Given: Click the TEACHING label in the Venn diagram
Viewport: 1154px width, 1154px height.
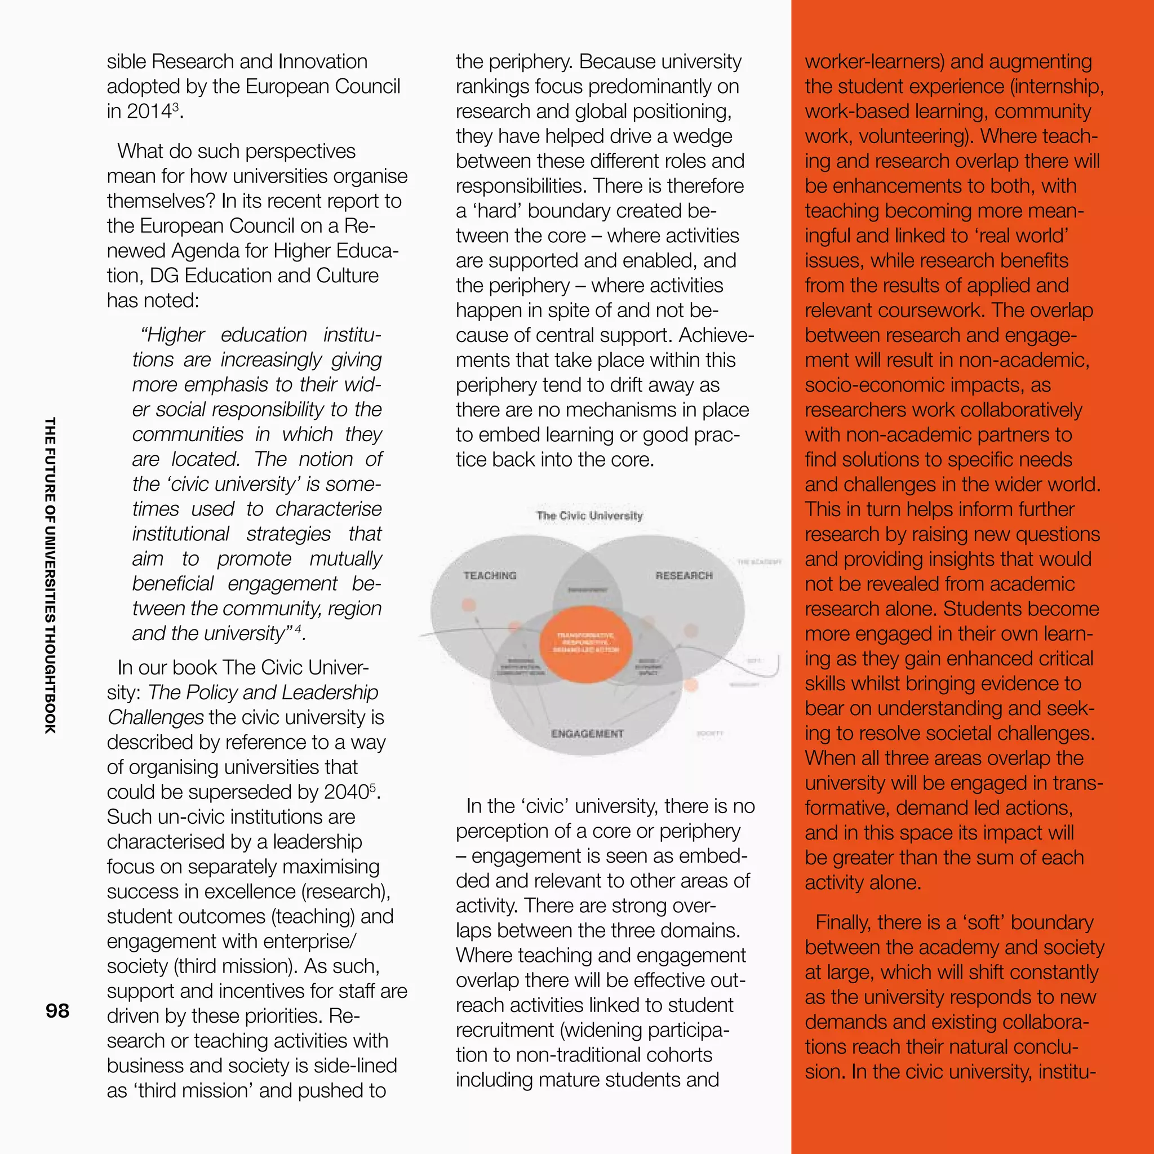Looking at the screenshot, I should [490, 575].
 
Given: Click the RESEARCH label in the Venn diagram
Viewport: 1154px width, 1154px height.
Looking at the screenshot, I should [684, 575].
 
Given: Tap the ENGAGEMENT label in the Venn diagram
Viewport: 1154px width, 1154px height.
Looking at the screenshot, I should [587, 734].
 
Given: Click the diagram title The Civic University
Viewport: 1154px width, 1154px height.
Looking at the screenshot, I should [589, 516].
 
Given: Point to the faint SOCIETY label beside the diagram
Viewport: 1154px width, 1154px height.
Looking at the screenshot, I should [710, 733].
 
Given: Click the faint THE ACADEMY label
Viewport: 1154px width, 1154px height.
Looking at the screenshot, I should [759, 562].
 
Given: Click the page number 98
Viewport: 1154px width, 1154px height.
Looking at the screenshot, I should [57, 1011].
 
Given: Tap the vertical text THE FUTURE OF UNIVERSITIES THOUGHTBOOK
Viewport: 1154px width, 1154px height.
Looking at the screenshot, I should [50, 575].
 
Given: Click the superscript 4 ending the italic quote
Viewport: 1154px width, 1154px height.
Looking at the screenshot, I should [298, 629].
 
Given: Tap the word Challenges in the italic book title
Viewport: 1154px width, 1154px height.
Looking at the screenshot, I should [156, 717].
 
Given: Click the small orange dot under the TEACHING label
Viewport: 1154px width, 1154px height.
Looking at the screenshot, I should [469, 605].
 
